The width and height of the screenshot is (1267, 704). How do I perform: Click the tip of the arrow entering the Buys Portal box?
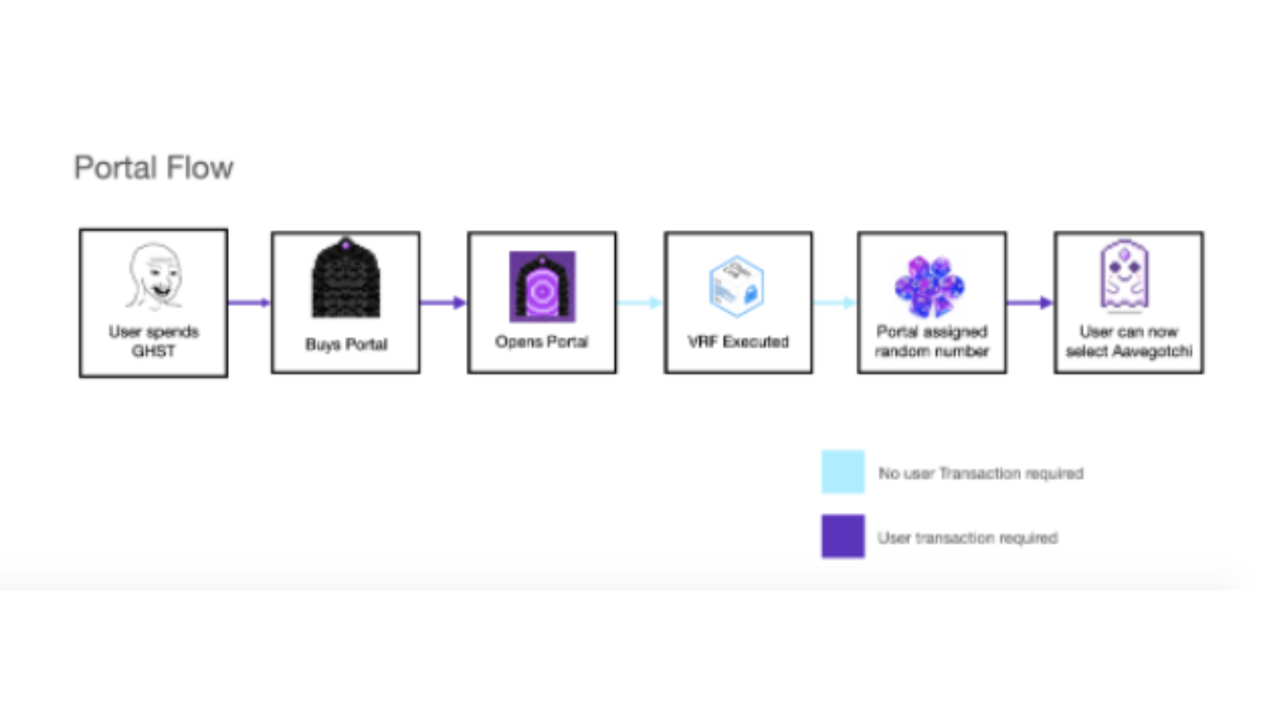271,303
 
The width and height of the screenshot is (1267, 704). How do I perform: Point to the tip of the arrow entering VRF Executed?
663,303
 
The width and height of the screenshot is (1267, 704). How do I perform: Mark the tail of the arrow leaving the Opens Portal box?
617,303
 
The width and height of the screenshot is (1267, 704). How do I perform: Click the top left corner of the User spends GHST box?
80,229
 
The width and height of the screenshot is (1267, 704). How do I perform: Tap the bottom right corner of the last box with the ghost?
1203,373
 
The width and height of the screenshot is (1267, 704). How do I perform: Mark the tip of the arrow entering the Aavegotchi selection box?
1053,303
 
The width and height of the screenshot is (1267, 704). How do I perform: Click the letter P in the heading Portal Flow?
82,168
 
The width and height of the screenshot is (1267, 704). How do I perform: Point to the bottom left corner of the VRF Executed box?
664,373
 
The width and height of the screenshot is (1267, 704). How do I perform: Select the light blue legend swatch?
843,472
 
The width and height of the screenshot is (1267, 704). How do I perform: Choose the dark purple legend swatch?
843,536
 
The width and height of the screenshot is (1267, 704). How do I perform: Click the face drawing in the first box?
154,277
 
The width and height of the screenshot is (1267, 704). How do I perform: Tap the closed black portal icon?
346,277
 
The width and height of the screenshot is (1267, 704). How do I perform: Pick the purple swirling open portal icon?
542,287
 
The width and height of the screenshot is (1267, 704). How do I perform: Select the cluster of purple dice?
930,286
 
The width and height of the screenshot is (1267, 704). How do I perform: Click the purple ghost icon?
1125,275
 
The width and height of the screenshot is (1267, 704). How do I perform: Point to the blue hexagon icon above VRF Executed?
736,286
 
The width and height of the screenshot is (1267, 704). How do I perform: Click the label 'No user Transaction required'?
981,473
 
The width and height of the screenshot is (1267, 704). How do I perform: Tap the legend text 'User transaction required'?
967,538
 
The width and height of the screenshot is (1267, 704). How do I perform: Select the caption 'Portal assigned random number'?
931,341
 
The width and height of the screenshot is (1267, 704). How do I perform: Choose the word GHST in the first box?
153,351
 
